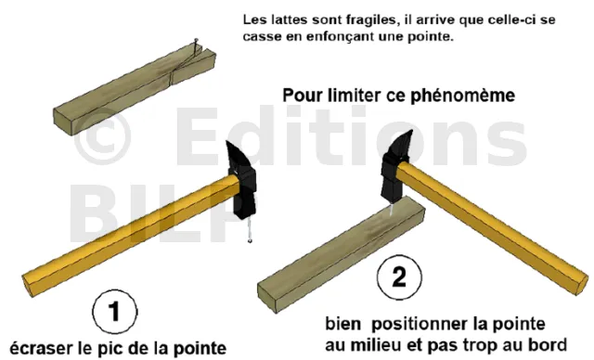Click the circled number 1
tap(115, 312)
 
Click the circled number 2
tap(399, 276)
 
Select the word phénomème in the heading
tap(462, 96)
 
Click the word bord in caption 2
tap(549, 345)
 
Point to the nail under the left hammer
tap(249, 230)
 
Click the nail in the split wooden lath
tap(195, 46)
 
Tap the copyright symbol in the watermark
tap(102, 136)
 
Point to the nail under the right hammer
tap(391, 208)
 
